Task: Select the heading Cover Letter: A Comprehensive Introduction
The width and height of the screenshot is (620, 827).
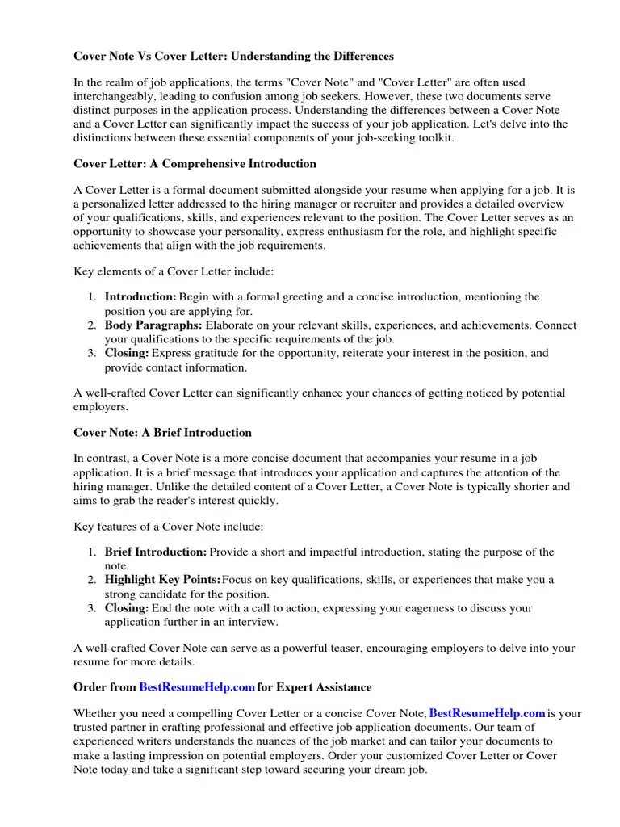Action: [x=195, y=164]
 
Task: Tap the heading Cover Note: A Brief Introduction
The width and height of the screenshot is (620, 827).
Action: [x=162, y=433]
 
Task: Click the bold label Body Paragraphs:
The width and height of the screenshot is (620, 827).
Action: [x=153, y=325]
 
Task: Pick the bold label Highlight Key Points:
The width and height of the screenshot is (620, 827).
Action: [x=162, y=580]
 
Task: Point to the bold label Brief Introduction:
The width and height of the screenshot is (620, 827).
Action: [x=156, y=552]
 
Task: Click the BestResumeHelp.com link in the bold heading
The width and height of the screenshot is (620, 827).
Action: [x=197, y=687]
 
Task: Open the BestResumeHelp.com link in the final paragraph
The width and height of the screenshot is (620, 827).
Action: [x=487, y=713]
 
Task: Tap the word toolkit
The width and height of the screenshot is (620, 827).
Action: [x=435, y=137]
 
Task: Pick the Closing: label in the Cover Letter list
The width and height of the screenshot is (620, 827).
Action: [x=127, y=353]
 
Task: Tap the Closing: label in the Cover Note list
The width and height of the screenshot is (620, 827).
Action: [x=127, y=608]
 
